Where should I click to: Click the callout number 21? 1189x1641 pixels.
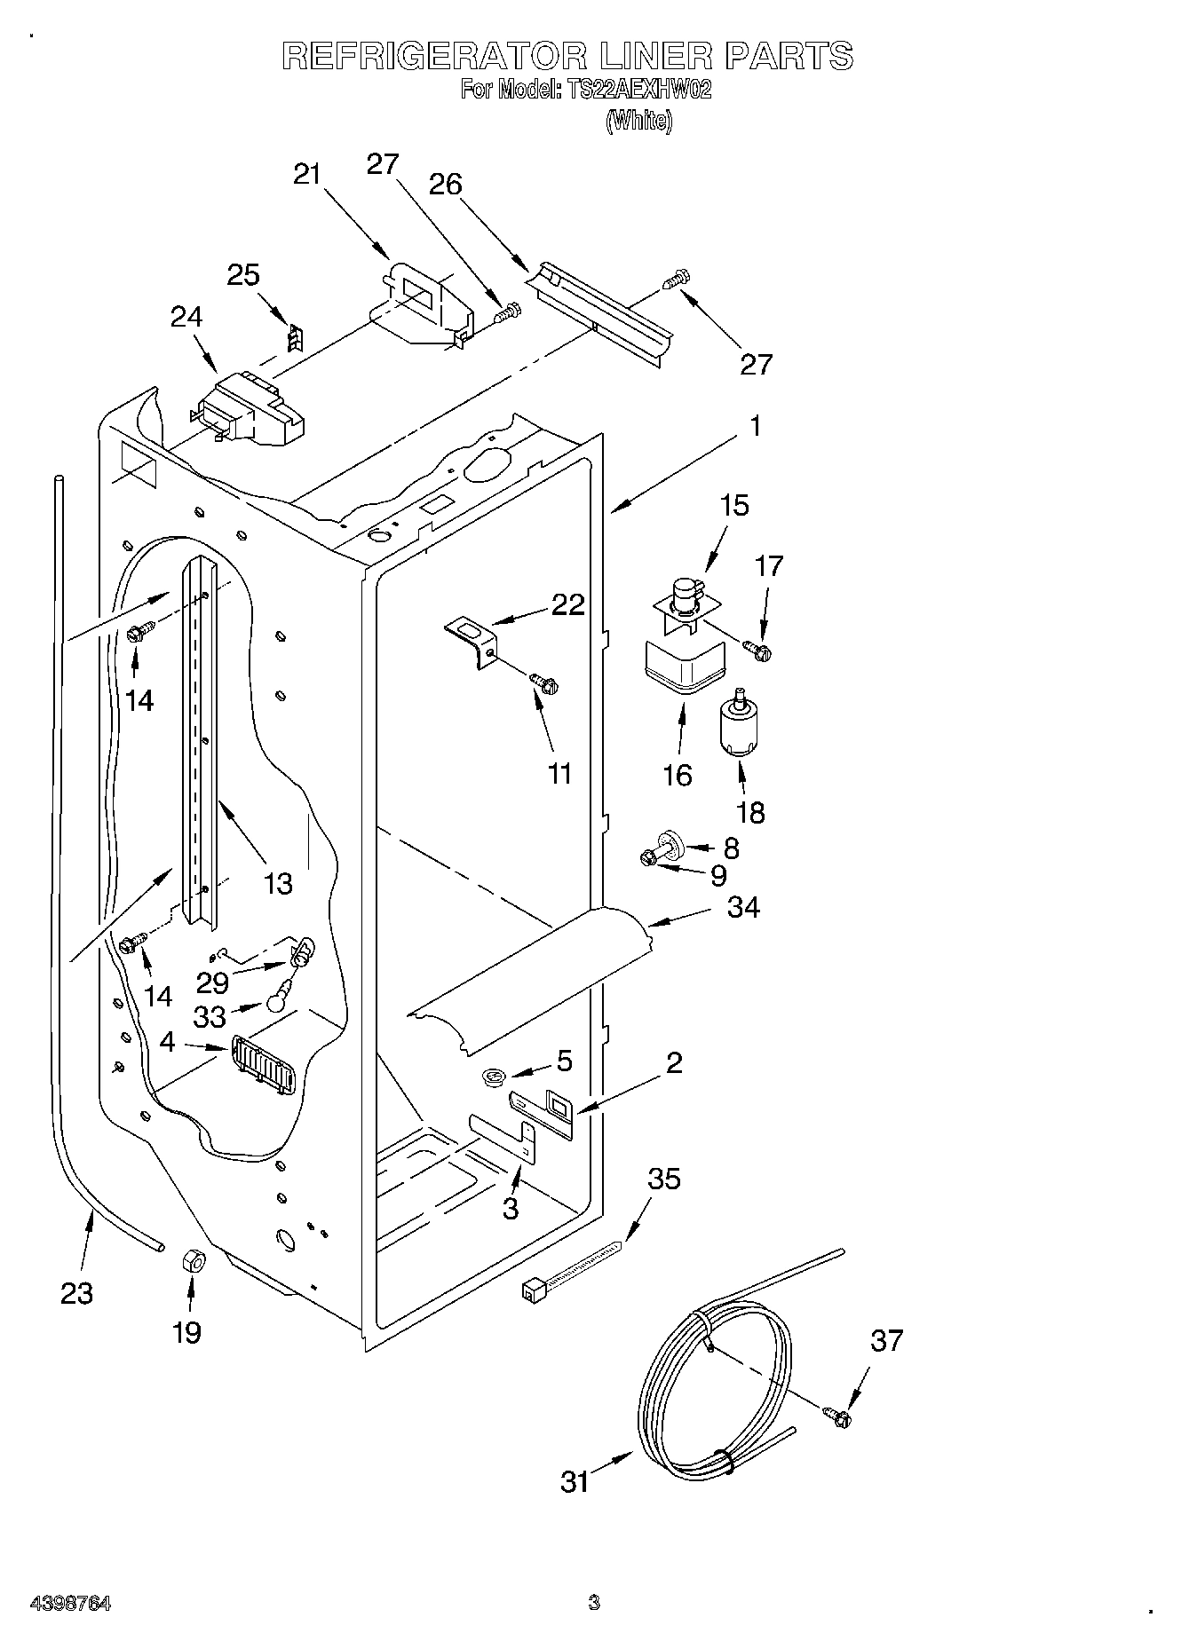[306, 174]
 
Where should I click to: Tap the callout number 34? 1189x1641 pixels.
[742, 907]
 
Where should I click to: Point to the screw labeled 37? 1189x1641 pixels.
[836, 1417]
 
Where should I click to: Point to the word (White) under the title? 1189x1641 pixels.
[638, 121]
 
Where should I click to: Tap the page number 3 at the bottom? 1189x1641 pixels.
[593, 1602]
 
